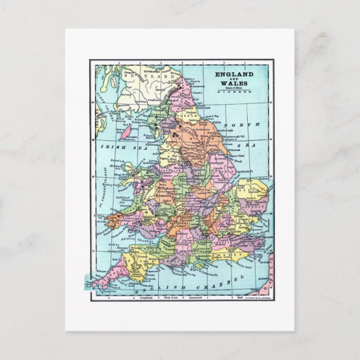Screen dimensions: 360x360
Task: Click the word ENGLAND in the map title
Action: [235, 74]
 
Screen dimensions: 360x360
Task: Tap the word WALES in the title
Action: [235, 83]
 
